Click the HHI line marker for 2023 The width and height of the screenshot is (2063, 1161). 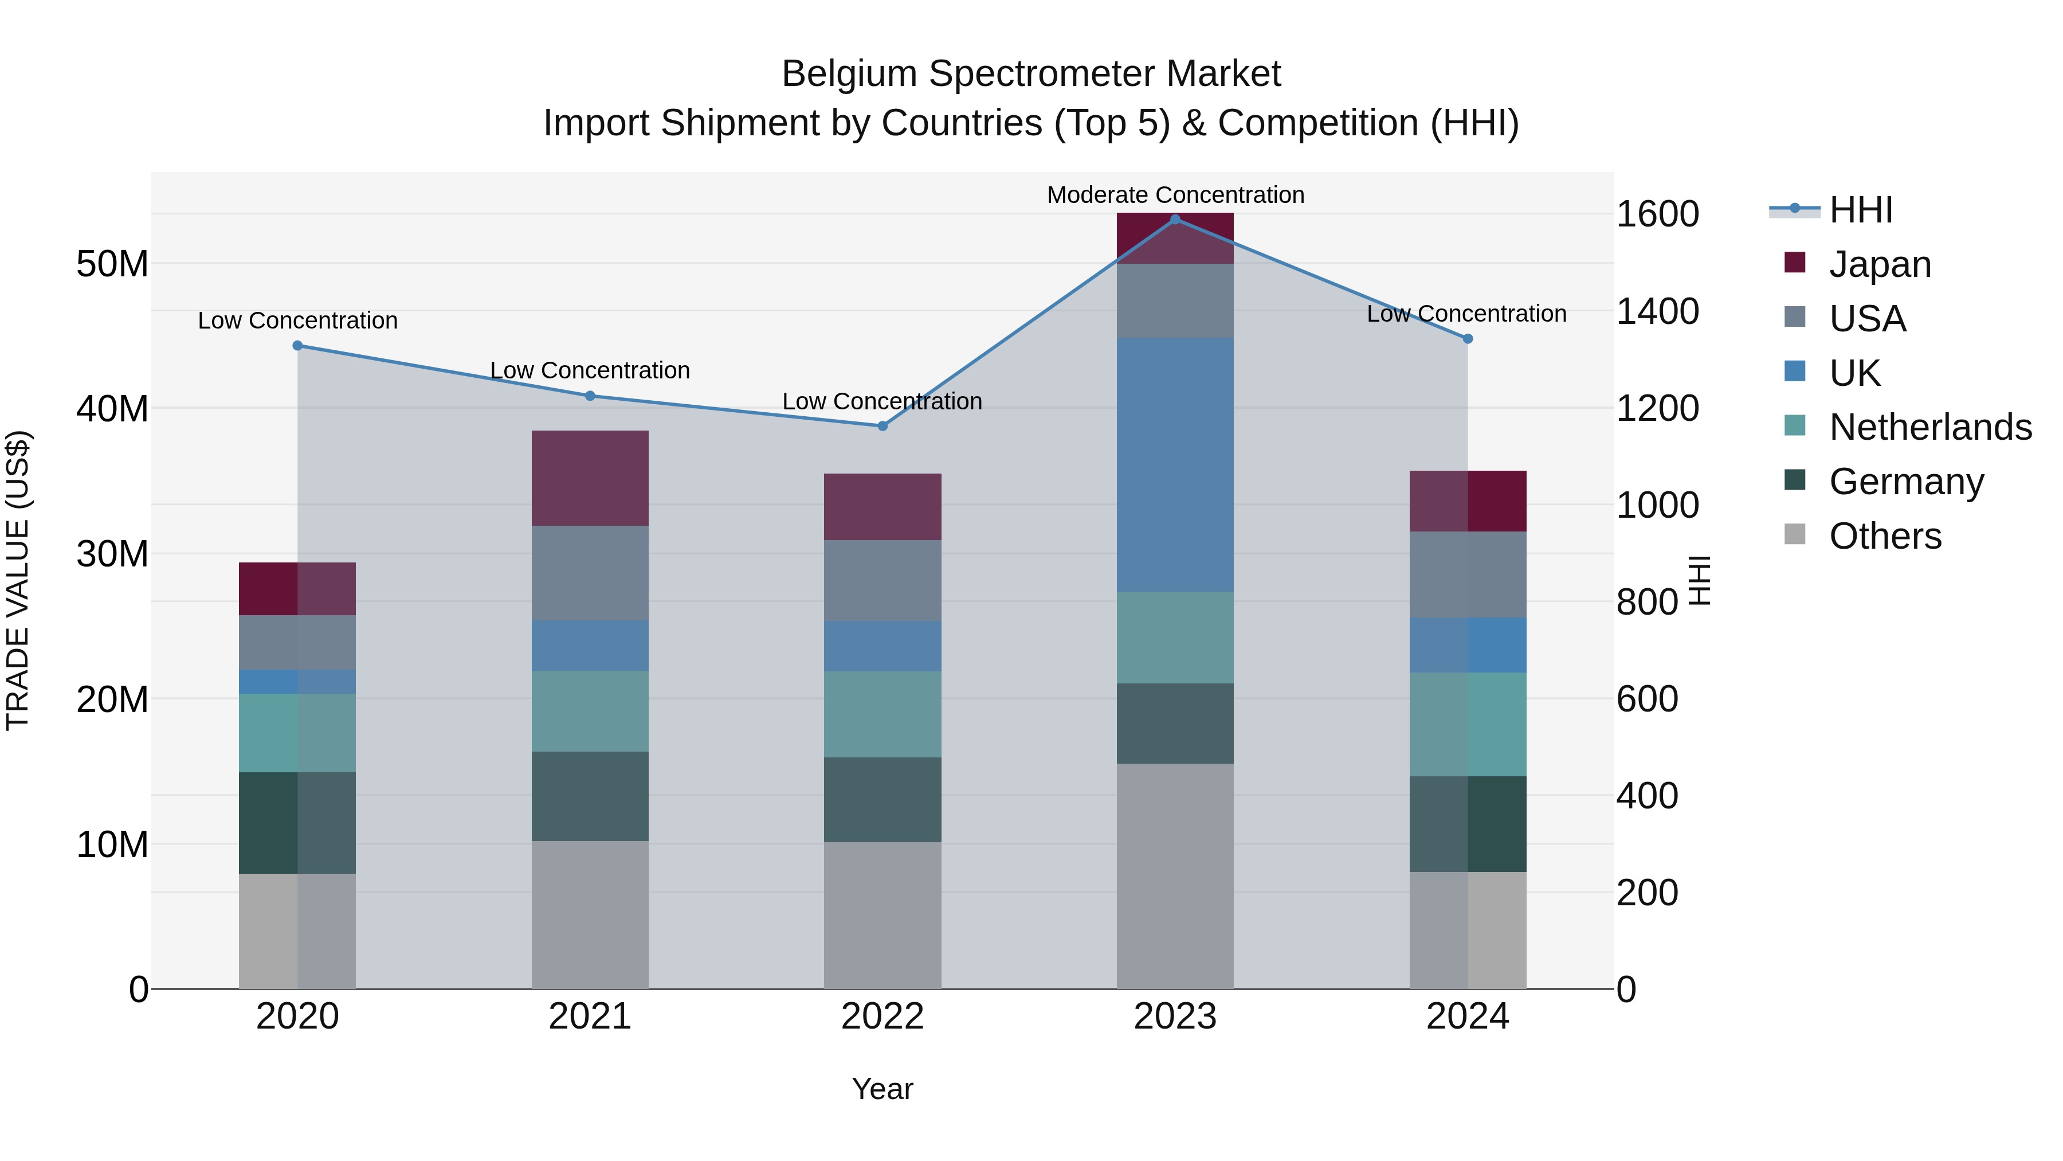1175,219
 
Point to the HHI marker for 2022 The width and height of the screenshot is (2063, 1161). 883,425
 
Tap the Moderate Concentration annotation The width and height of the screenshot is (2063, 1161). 1175,195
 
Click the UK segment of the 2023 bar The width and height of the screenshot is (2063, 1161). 1175,465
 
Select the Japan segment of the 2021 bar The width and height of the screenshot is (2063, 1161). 590,478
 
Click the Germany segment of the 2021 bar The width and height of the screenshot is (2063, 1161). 590,796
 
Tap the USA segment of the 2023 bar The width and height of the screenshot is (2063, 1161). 1175,300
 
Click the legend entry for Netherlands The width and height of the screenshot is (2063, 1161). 1930,427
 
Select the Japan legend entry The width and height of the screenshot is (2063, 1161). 1880,264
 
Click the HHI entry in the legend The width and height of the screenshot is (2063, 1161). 1860,210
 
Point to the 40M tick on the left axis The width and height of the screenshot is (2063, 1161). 112,409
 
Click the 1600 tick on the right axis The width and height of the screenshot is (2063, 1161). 1657,214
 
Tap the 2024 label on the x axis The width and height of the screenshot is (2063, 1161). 1467,1017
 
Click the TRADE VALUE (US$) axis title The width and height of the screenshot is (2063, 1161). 18,580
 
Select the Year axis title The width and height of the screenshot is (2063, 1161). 882,1089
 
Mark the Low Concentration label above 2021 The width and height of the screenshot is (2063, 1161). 590,370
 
